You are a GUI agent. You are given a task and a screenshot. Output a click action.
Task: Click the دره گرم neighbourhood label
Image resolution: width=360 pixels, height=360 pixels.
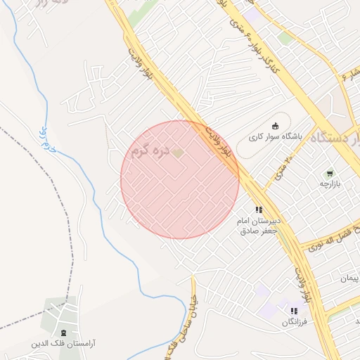[150, 150]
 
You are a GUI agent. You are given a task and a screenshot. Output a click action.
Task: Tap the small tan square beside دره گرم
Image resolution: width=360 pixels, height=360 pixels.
[178, 152]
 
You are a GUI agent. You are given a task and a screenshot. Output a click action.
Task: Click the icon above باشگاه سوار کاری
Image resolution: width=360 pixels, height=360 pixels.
[275, 126]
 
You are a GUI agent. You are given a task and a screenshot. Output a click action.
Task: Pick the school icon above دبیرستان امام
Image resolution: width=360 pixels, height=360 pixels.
[259, 210]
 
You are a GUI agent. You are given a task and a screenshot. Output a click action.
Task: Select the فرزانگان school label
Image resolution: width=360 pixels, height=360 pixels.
[295, 322]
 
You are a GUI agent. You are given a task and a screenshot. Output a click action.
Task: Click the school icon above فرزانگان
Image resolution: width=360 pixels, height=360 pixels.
[294, 311]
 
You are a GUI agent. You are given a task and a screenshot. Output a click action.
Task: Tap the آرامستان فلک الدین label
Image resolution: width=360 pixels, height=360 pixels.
[64, 345]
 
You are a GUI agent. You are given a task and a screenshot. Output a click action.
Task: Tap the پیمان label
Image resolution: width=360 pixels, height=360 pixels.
[349, 279]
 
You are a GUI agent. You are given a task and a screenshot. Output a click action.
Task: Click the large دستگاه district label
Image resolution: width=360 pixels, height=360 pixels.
[337, 137]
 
